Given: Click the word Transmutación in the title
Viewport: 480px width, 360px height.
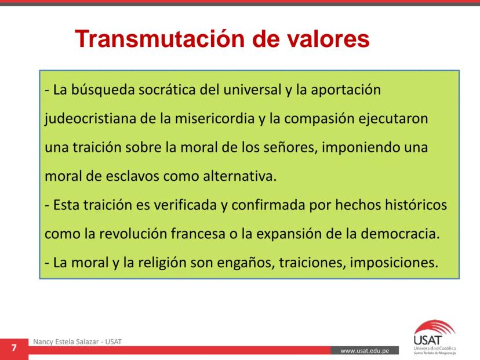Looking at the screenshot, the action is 159,39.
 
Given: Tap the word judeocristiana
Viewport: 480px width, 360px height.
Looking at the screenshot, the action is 90,119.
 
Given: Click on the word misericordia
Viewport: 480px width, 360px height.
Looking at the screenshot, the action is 214,118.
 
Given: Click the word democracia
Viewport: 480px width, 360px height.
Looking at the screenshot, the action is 400,234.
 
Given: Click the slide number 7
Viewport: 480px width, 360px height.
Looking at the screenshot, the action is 14,348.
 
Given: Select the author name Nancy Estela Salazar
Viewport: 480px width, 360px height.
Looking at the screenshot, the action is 66,341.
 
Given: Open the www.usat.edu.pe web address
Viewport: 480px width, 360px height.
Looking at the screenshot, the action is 365,351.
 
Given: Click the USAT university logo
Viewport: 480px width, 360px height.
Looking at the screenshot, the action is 435,337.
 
